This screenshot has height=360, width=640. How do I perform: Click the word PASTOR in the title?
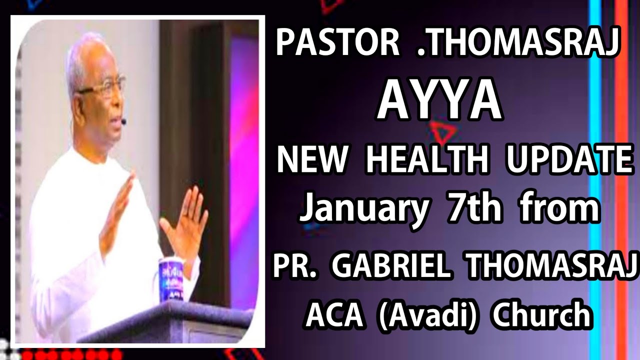coord(337,43)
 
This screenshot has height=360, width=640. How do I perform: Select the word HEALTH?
coord(427,160)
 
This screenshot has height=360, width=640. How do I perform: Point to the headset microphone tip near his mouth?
coord(123,121)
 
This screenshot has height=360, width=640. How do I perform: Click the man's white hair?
coord(82,52)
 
